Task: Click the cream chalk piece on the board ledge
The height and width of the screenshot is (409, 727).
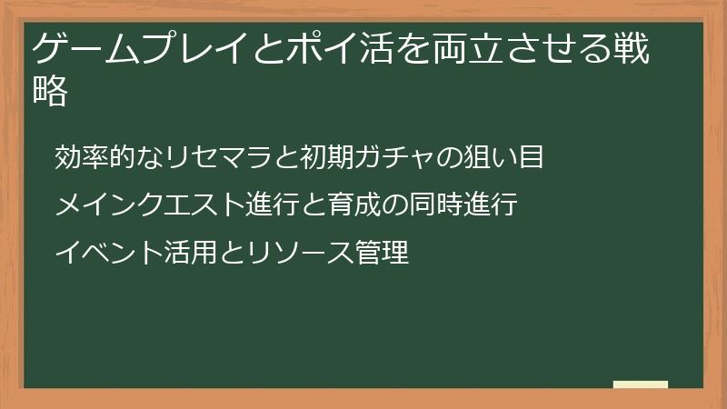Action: [640, 384]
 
